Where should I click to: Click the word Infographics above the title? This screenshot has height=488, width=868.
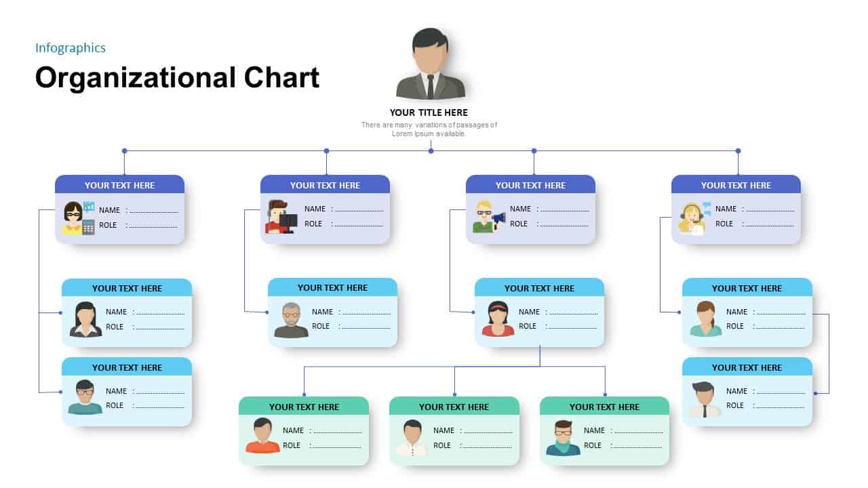(x=71, y=47)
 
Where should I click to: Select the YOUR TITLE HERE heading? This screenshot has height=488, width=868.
(x=429, y=113)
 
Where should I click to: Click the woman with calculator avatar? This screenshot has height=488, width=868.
(x=77, y=218)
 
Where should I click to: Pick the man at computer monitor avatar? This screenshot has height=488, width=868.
(x=281, y=217)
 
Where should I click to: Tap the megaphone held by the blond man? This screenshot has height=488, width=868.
(x=499, y=218)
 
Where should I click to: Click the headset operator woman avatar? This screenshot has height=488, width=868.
(x=694, y=218)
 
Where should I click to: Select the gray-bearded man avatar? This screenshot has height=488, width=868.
(x=291, y=320)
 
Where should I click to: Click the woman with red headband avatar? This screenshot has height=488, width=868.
(x=498, y=319)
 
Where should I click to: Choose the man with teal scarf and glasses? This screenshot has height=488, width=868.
(x=563, y=438)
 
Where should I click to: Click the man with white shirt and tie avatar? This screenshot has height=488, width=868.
(x=705, y=399)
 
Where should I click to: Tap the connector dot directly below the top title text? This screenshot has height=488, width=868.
(x=431, y=150)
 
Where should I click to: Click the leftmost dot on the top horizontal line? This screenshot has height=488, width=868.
(x=124, y=150)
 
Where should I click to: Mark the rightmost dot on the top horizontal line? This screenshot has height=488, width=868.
(x=738, y=150)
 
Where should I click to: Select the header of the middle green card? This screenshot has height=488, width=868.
(x=454, y=407)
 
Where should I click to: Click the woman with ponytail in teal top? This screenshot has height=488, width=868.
(x=706, y=319)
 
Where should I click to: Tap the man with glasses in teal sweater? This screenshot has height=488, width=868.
(x=85, y=398)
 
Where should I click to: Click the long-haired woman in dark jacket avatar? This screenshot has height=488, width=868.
(x=85, y=319)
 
